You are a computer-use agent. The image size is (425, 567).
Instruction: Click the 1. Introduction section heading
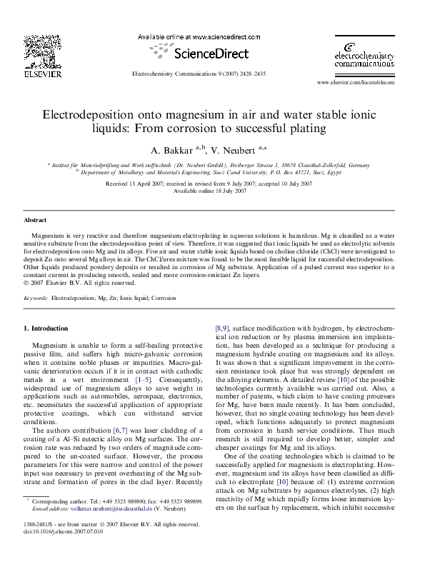point(46,328)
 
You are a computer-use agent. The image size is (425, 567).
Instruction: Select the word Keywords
point(36,296)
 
